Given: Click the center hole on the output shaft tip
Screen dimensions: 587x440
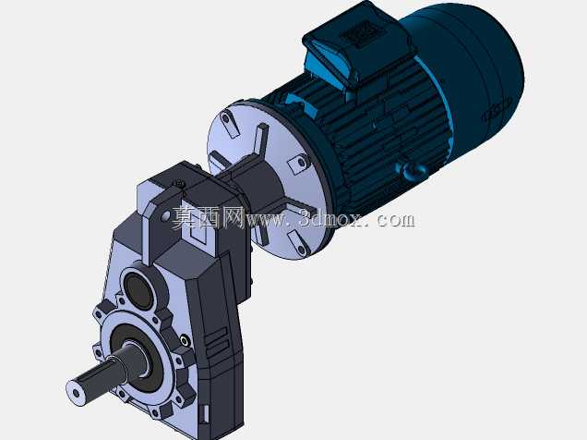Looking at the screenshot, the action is [x=77, y=393].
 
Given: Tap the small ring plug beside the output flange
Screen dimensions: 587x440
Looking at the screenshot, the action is [x=185, y=341].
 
